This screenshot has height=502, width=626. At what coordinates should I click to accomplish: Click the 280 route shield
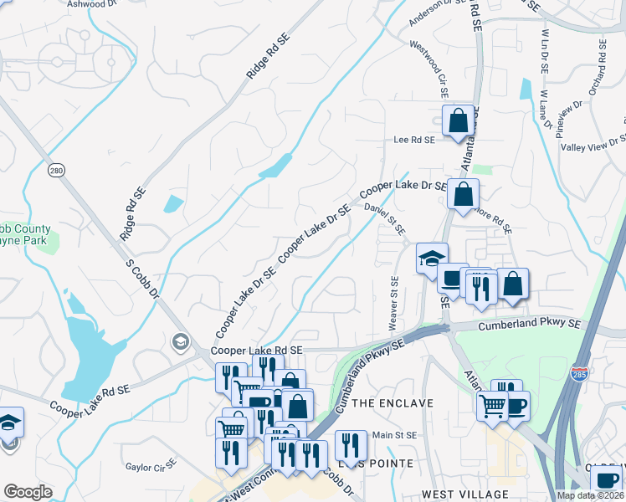[x=56, y=171]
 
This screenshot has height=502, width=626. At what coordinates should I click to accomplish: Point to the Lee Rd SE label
[x=414, y=141]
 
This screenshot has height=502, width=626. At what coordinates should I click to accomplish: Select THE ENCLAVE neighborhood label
[x=393, y=403]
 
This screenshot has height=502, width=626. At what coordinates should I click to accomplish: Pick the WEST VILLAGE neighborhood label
[x=465, y=494]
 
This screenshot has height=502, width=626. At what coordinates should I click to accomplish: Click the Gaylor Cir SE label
[x=149, y=463]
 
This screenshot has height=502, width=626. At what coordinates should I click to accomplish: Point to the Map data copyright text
[x=590, y=495]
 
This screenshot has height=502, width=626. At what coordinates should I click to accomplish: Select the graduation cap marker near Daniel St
[x=433, y=258]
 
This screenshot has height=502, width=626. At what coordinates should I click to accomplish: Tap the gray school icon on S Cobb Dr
[x=179, y=341]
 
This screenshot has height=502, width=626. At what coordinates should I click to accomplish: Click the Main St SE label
[x=394, y=435]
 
